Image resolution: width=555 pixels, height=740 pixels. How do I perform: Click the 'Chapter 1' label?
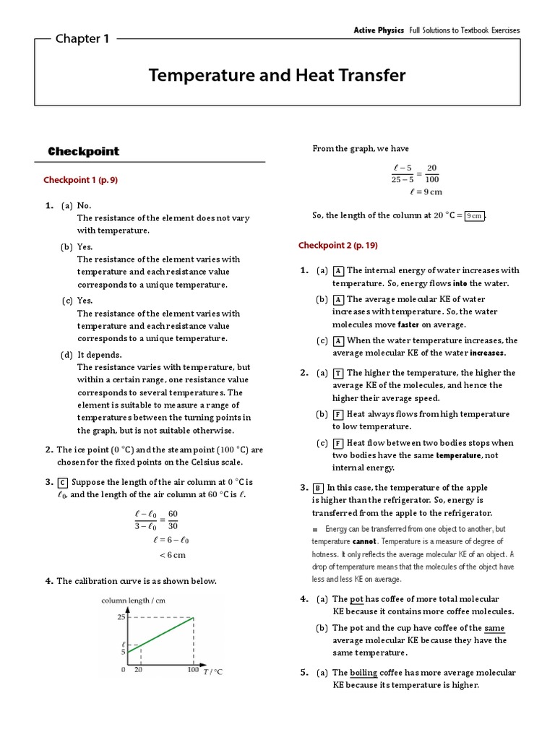82,39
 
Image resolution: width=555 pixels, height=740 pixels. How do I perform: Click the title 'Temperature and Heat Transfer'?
277,75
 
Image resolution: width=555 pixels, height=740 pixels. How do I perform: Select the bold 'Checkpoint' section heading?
83,152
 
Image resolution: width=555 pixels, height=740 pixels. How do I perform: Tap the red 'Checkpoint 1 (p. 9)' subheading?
80,180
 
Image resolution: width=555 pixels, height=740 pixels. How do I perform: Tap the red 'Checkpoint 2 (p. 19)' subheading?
337,246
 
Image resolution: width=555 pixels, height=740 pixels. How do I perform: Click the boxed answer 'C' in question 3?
62,483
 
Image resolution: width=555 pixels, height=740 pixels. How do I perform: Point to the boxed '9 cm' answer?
475,215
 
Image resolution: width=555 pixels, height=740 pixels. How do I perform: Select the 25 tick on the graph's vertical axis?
121,617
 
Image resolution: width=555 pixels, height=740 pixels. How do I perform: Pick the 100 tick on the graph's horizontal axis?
193,670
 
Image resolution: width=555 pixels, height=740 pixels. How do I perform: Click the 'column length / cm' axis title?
133,601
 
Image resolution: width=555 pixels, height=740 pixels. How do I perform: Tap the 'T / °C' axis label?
212,671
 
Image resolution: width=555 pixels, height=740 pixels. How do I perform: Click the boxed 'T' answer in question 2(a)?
337,373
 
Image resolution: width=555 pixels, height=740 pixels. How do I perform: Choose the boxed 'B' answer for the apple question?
319,488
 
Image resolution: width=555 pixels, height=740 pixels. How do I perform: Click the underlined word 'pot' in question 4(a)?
357,599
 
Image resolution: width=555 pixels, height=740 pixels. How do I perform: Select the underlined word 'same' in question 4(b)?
494,628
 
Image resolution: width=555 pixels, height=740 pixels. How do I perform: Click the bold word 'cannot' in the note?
363,541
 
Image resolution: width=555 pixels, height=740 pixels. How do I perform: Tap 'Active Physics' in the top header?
379,30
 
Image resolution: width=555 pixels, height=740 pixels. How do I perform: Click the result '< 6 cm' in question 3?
172,555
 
